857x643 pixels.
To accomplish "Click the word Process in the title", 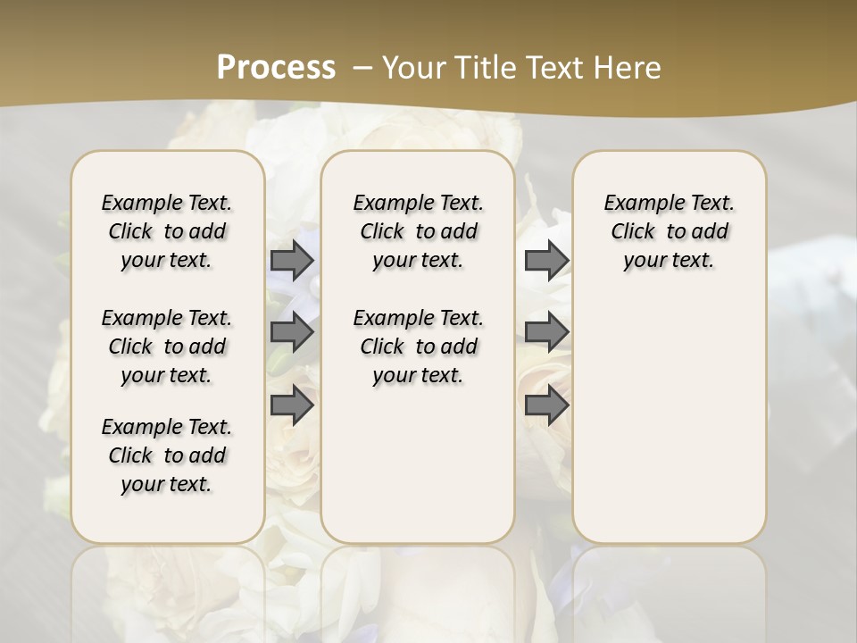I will pos(276,67).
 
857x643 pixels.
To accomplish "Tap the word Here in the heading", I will pos(629,67).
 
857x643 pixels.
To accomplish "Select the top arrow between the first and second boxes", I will pos(292,260).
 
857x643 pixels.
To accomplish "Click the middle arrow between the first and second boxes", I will pos(292,332).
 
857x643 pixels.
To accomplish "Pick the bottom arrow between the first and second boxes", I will pos(292,405).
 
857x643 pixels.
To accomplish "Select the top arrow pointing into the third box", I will pos(546,260).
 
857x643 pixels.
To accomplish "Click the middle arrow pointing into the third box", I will pos(546,332).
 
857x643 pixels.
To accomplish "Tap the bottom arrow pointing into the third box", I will pos(546,405).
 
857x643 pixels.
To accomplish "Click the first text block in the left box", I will pos(167,231).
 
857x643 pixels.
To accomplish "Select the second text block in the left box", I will pos(167,347).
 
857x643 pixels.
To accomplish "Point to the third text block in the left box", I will pos(167,455).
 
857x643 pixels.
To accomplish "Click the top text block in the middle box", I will pos(418,231).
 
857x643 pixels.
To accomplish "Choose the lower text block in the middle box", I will pos(418,347).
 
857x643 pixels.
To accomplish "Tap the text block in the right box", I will pos(669,231).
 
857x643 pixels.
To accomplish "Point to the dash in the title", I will pos(362,67).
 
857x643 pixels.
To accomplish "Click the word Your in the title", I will pos(412,67).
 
